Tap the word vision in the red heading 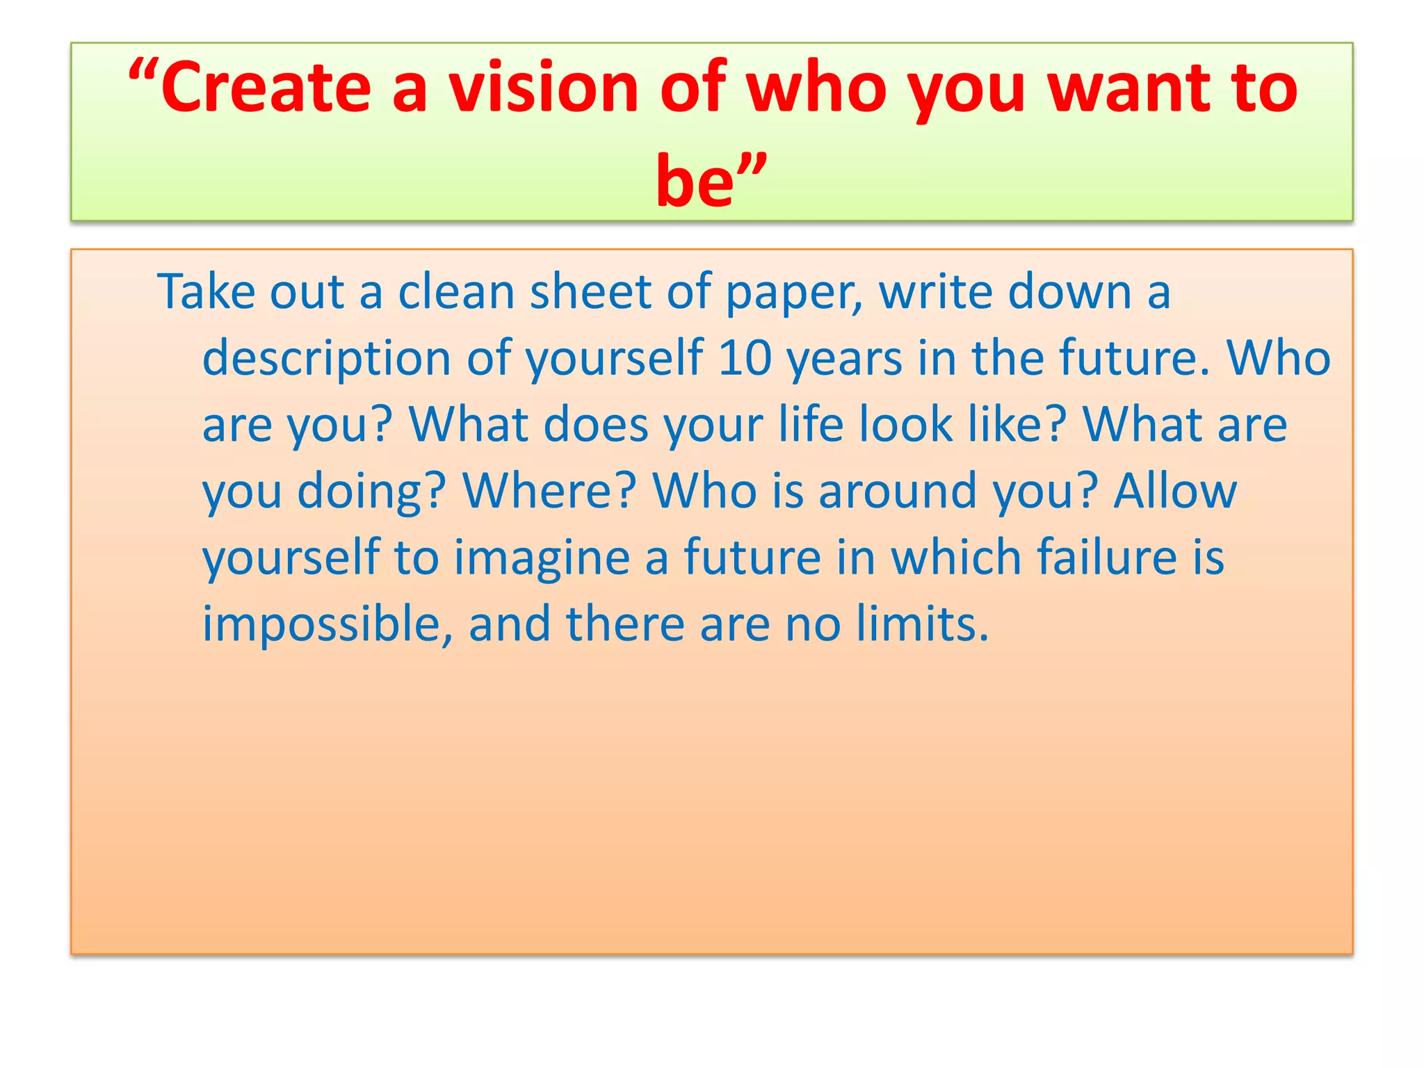tap(543, 88)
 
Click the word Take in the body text tap(205, 291)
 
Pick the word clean tap(455, 291)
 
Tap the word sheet tap(590, 291)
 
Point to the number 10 tap(745, 358)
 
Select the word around tap(898, 490)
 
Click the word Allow tap(1174, 490)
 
